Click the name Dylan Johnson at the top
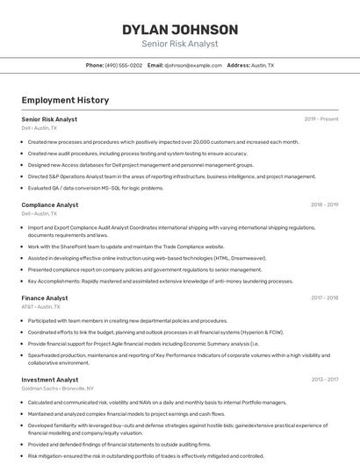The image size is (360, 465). [x=179, y=29]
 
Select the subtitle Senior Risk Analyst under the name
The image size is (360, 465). [x=179, y=44]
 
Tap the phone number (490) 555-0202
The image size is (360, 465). [x=123, y=65]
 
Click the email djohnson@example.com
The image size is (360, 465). [x=192, y=65]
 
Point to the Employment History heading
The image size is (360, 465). [x=65, y=100]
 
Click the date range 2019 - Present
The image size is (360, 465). [x=320, y=118]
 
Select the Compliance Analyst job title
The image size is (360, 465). [x=49, y=204]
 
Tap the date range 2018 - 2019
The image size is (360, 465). [x=324, y=204]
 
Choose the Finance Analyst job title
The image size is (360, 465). [x=44, y=298]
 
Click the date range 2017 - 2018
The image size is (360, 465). [x=324, y=298]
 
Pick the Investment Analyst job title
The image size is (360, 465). [x=49, y=380]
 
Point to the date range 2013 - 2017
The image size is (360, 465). [x=324, y=380]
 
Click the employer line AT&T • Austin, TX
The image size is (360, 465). [x=40, y=307]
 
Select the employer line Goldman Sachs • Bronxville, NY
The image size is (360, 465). [x=57, y=388]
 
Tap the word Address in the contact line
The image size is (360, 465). [x=238, y=65]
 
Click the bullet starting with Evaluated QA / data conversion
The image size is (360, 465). [x=95, y=188]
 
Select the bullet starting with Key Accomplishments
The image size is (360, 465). [x=160, y=282]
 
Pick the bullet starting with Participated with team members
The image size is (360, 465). [x=127, y=321]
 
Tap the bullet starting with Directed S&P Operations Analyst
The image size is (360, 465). [x=171, y=176]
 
